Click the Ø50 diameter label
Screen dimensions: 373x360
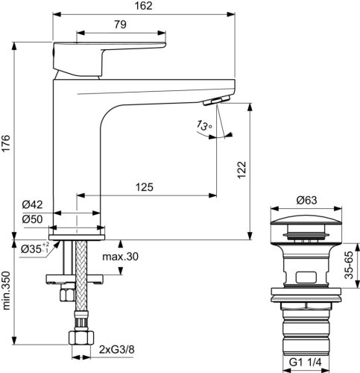(31, 219)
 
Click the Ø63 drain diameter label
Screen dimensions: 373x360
(307, 199)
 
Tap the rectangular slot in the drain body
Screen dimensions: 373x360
(306, 277)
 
